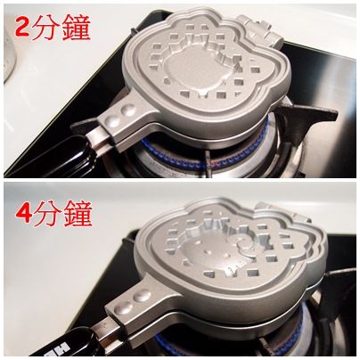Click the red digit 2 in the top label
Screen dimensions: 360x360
22,27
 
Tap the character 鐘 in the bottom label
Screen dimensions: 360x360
78,213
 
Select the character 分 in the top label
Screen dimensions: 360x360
45,28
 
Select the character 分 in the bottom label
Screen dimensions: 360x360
48,213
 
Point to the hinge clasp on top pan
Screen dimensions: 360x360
261,31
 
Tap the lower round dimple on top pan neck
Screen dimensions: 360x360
112,121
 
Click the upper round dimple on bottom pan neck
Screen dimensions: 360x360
142,297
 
